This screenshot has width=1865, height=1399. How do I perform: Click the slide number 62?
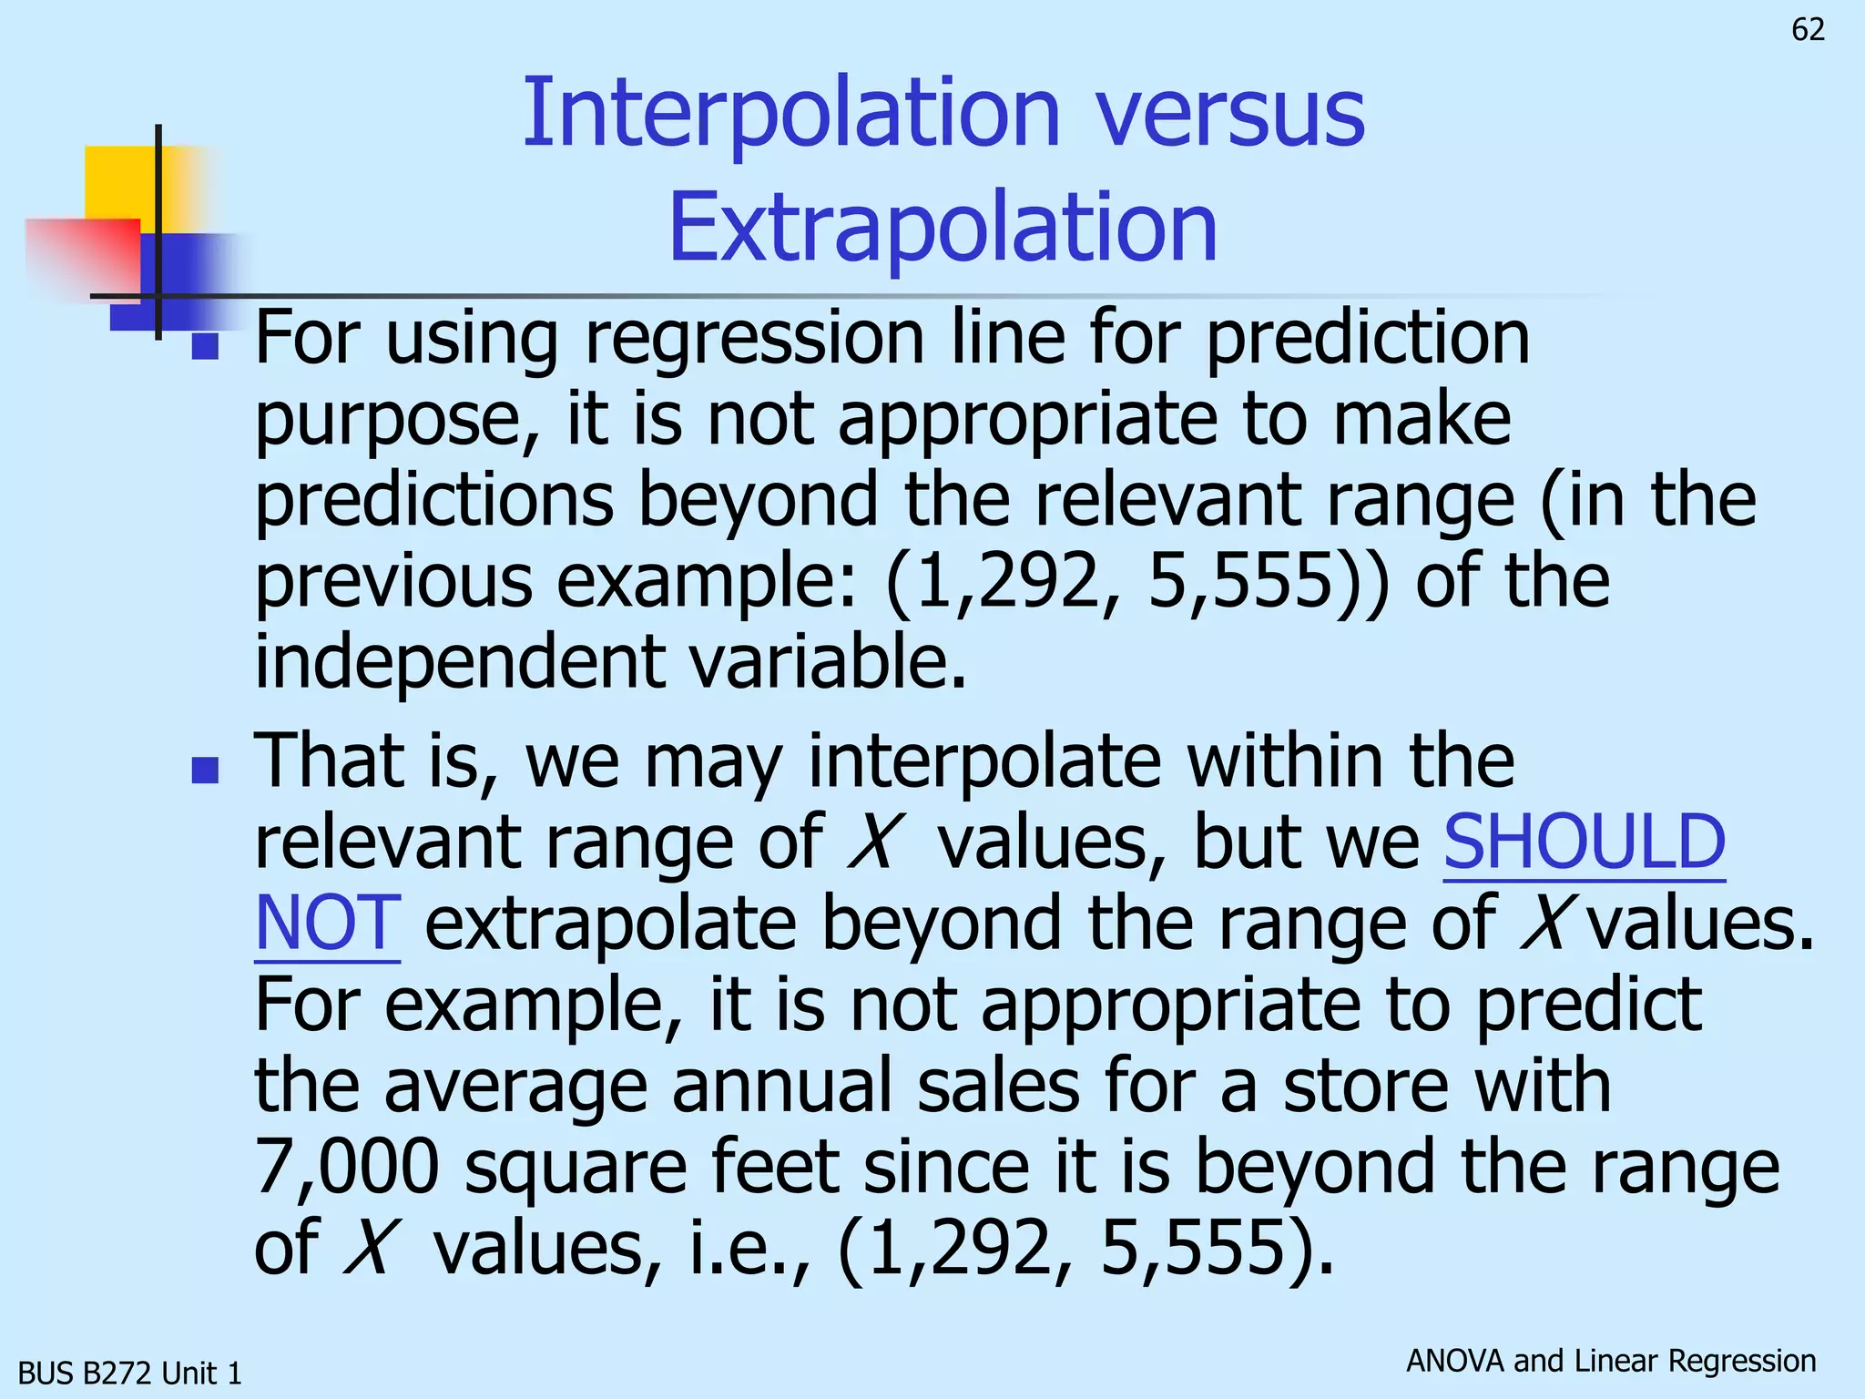pos(1808,30)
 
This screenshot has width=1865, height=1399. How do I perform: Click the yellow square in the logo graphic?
pos(120,182)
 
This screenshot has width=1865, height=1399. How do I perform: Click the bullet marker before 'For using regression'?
pos(206,346)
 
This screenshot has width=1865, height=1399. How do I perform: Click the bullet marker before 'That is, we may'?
pos(206,771)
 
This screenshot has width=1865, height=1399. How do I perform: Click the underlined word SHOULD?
pos(1584,842)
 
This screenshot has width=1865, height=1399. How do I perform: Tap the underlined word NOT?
pos(327,923)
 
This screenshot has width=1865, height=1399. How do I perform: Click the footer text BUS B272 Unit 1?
pos(130,1373)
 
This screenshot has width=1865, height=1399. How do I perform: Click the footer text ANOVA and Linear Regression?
pos(1610,1361)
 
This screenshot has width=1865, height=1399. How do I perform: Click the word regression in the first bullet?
pos(754,338)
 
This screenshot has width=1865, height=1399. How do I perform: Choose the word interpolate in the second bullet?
pos(984,761)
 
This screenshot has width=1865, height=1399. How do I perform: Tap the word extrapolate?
pos(610,923)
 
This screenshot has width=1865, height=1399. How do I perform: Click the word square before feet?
pos(575,1168)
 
